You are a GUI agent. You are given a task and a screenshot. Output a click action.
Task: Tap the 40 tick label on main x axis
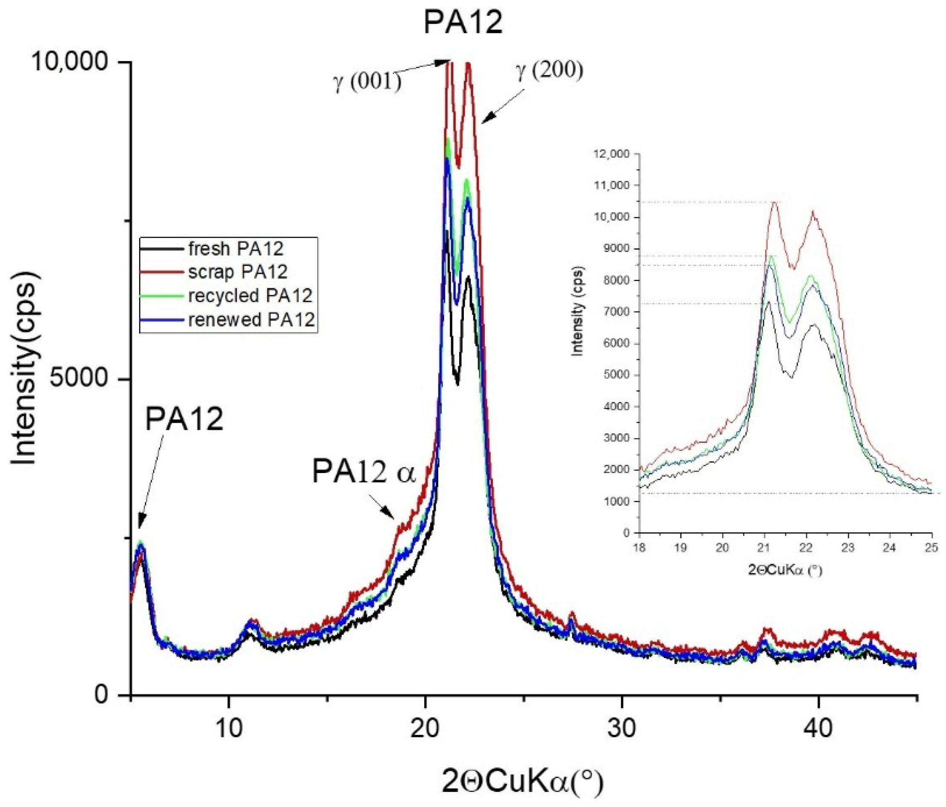818,729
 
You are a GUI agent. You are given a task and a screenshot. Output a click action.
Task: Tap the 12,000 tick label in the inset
611,154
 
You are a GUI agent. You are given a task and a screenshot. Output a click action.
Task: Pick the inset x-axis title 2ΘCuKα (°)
785,570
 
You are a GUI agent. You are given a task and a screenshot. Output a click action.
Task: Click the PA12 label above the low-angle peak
184,418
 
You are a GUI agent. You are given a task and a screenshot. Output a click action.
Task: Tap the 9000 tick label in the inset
616,249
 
